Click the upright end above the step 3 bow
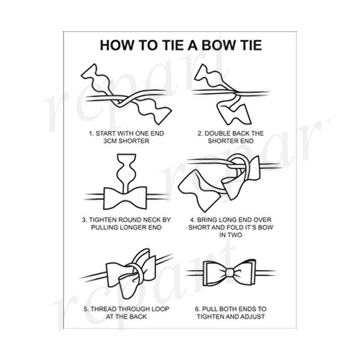point(125,168)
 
